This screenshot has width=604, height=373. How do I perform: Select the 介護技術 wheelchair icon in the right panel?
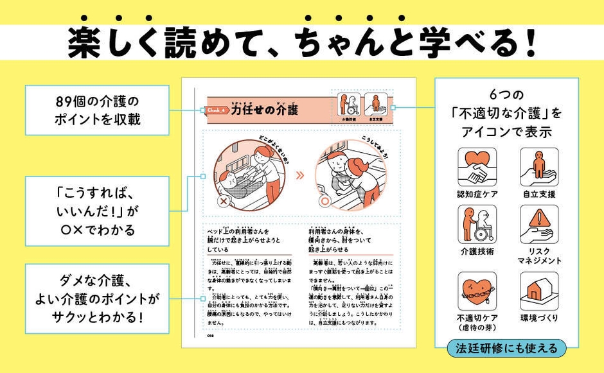477,224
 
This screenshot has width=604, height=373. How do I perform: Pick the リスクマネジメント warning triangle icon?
538,224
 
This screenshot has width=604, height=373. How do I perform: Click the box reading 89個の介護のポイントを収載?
98,110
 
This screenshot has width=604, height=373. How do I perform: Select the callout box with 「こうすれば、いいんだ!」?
98,211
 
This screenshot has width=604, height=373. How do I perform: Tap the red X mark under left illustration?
224,201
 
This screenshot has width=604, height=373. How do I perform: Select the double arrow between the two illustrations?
299,173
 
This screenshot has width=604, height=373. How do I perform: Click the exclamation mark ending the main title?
530,44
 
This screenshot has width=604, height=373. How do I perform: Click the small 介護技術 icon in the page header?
349,105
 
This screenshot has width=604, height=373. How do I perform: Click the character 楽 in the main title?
84,44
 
